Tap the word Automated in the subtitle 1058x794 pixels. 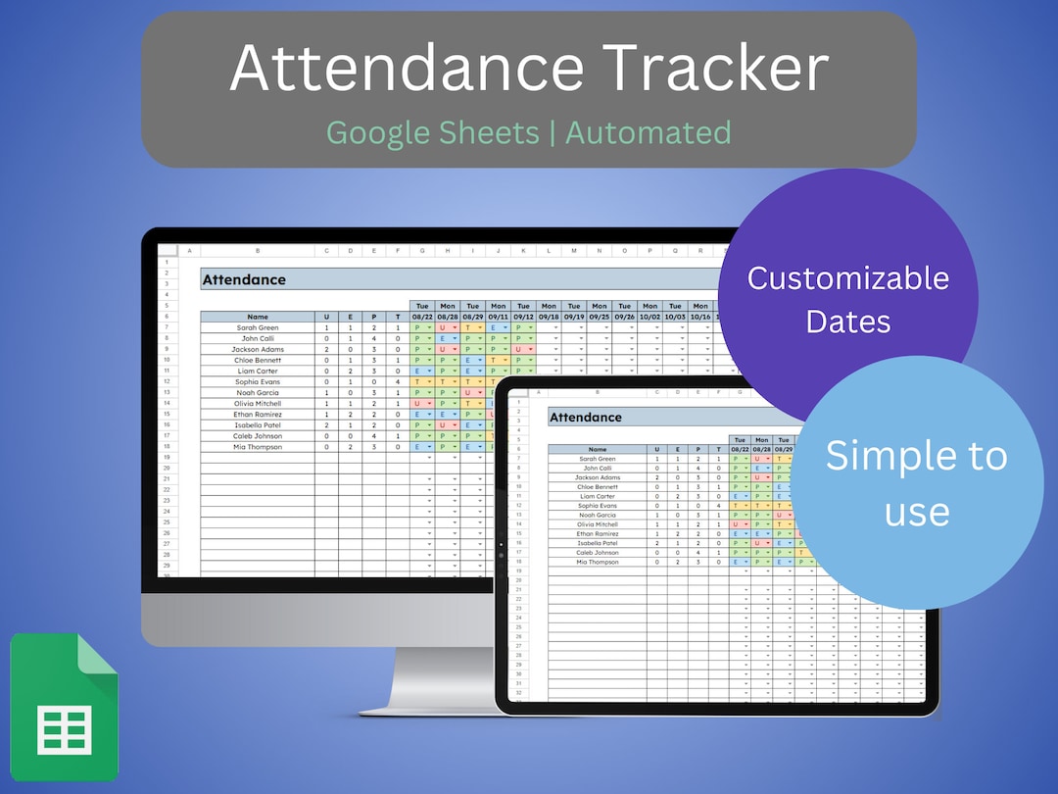click(x=648, y=131)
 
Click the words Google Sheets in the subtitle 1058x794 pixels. click(x=432, y=131)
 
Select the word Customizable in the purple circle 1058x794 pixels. click(x=847, y=277)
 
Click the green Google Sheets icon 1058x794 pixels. click(x=64, y=707)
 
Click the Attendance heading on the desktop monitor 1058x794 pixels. click(x=244, y=280)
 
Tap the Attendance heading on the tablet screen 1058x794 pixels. click(x=586, y=418)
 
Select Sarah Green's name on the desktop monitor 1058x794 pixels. click(x=258, y=327)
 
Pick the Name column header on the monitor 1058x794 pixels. click(x=258, y=317)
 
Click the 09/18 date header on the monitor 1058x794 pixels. click(x=549, y=317)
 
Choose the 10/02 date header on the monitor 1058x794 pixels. click(x=649, y=317)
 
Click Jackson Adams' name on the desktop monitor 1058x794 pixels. click(x=258, y=349)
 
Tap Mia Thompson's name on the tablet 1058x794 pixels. click(x=598, y=562)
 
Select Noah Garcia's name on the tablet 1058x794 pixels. click(x=598, y=515)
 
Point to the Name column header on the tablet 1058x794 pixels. click(x=598, y=449)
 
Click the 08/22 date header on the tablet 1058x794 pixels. click(x=741, y=449)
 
